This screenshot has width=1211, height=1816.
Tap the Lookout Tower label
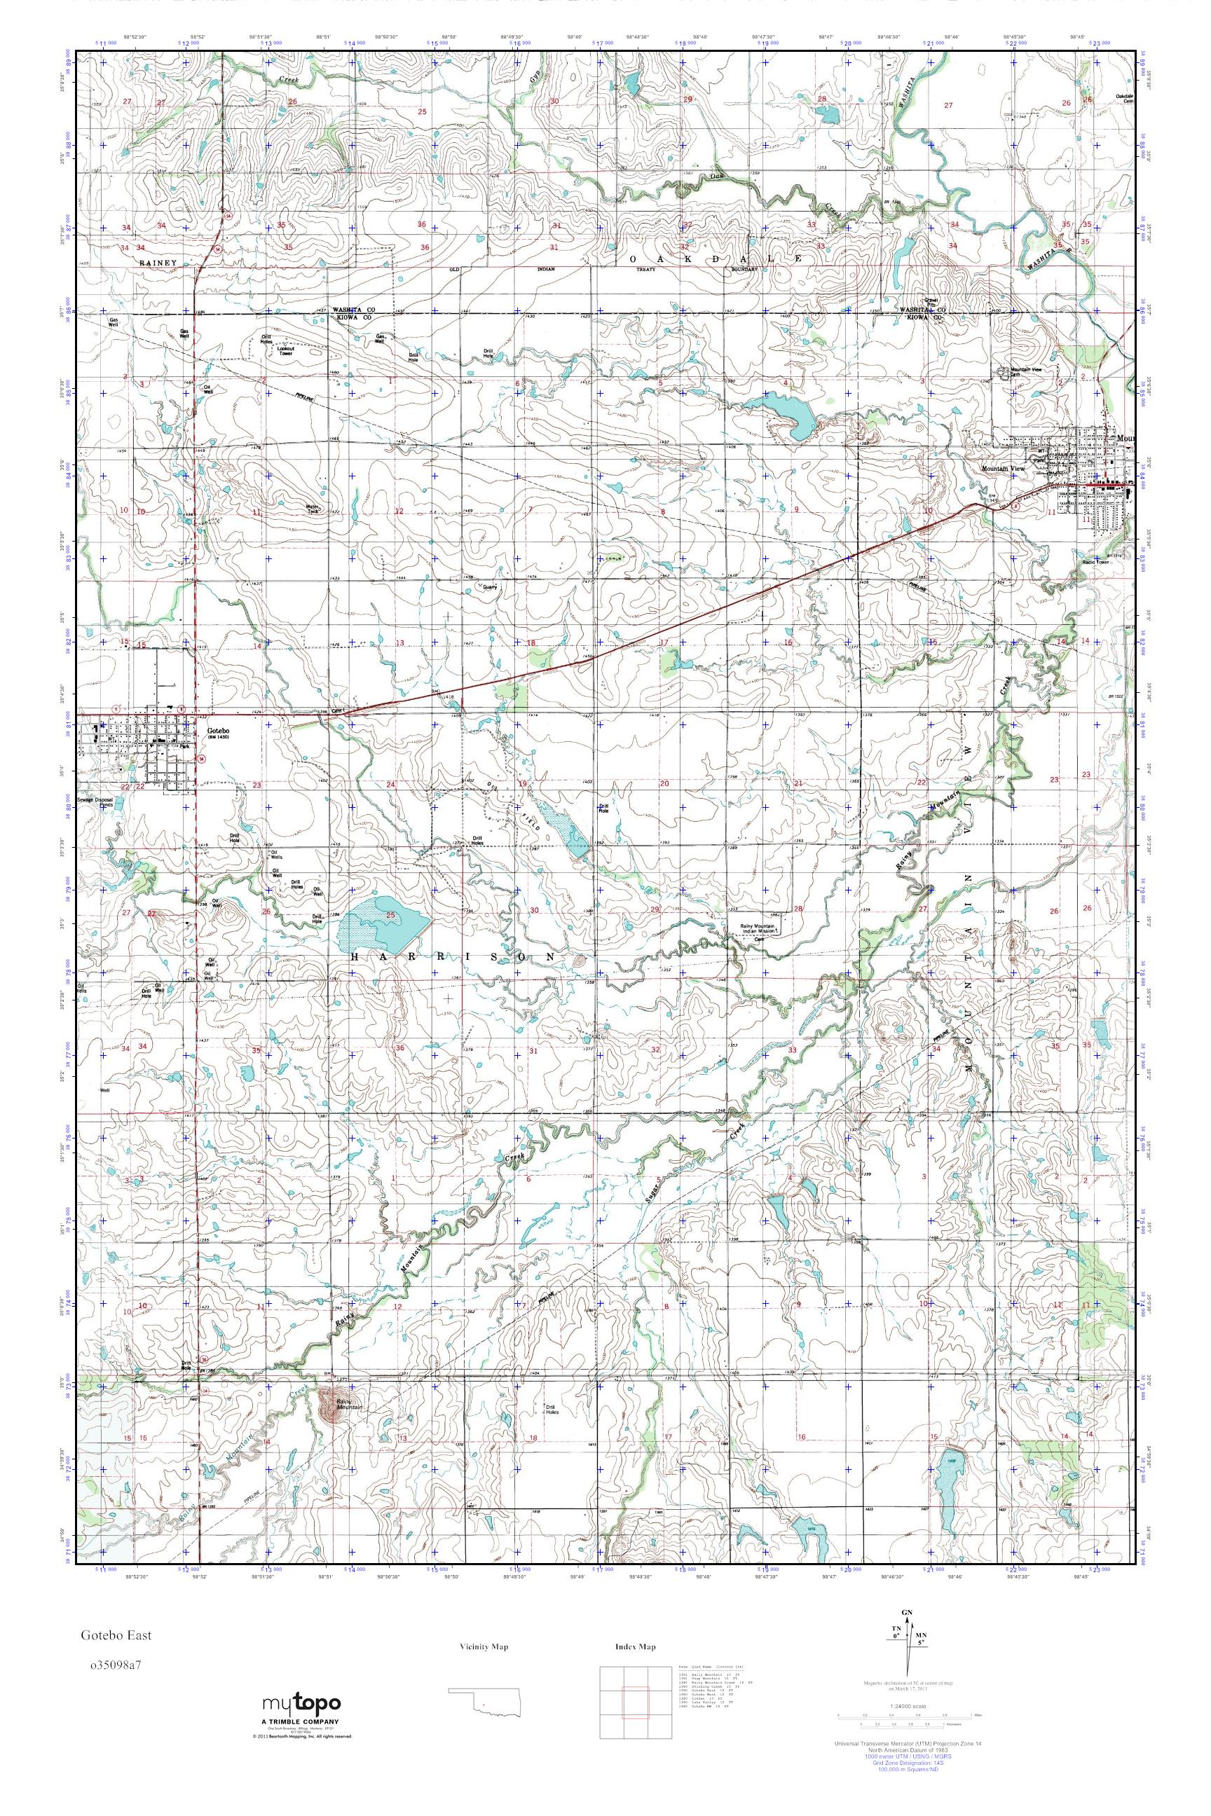pyautogui.click(x=287, y=350)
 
